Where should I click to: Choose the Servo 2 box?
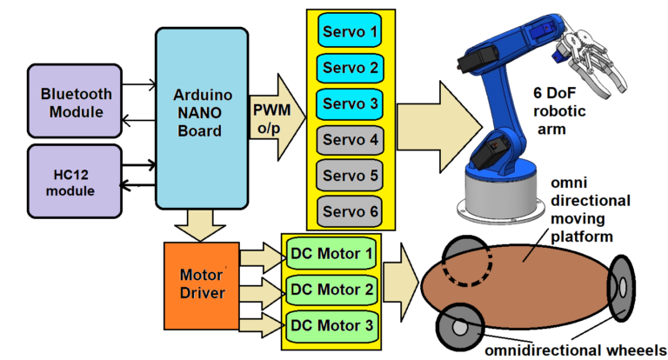(348, 66)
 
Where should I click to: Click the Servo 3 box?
(348, 103)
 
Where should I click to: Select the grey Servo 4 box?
(348, 139)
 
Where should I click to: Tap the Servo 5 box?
(348, 175)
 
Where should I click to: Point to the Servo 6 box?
(348, 210)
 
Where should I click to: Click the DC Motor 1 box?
(331, 254)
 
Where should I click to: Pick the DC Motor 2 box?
(331, 289)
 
